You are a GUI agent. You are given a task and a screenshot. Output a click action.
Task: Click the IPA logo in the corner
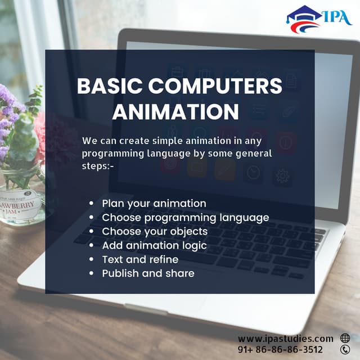318,19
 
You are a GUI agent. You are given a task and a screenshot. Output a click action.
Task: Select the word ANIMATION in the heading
175,111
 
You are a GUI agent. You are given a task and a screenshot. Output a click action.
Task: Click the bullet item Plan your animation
154,203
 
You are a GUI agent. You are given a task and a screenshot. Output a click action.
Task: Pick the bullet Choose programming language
185,217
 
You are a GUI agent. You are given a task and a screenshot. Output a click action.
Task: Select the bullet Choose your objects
155,231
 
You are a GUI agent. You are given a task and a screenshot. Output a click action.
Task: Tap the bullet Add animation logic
154,245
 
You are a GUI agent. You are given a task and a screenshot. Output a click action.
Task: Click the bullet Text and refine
140,259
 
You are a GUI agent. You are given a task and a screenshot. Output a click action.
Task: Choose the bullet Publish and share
148,273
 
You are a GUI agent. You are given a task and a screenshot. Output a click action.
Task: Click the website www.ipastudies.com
285,338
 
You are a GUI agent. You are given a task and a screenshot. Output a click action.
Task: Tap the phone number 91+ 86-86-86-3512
280,349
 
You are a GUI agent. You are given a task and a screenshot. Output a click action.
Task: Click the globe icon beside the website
345,338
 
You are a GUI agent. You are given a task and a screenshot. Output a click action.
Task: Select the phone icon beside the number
345,349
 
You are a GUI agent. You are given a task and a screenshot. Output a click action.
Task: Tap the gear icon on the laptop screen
282,175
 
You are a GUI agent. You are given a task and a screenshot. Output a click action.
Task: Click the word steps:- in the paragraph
98,165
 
